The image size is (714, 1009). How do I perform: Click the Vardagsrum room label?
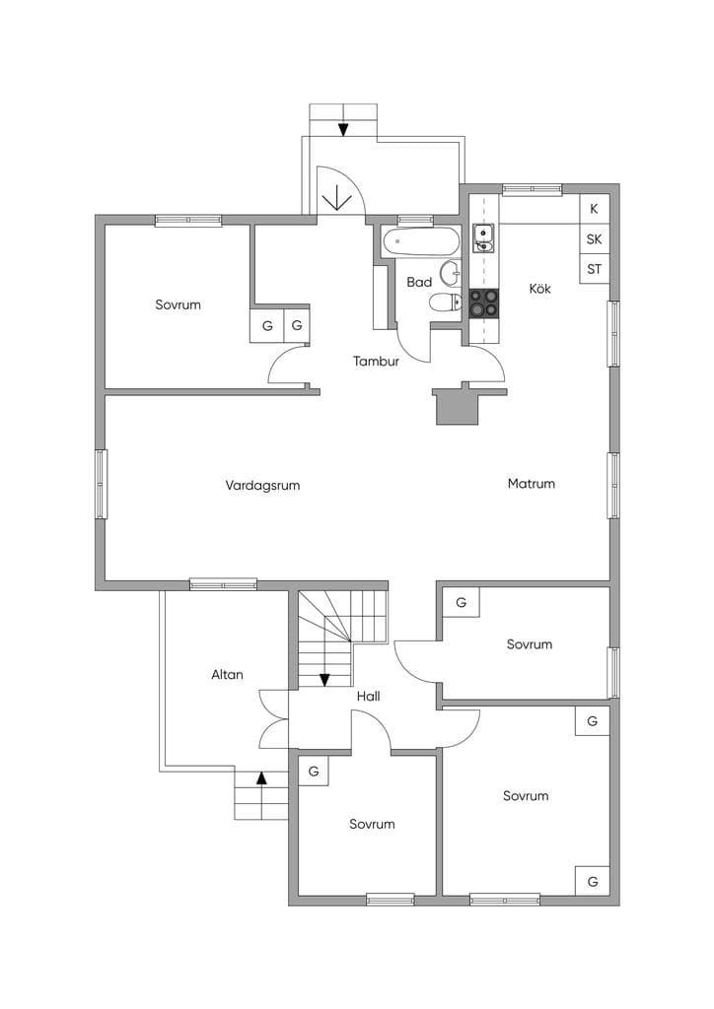pyautogui.click(x=262, y=485)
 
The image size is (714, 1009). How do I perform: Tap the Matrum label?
pyautogui.click(x=532, y=483)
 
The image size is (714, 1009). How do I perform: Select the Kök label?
pyautogui.click(x=540, y=289)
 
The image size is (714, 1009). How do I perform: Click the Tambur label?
pyautogui.click(x=376, y=361)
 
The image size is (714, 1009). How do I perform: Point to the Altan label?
pyautogui.click(x=227, y=674)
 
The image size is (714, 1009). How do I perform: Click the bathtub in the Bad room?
pyautogui.click(x=421, y=242)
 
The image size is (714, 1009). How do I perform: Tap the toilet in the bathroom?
pyautogui.click(x=445, y=302)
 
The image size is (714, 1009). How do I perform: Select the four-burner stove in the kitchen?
pyautogui.click(x=483, y=303)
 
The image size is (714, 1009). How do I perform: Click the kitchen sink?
pyautogui.click(x=483, y=238)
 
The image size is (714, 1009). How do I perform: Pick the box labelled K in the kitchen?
pyautogui.click(x=595, y=209)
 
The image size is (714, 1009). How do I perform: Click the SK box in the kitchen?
pyautogui.click(x=595, y=239)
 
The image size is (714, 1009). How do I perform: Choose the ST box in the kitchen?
pyautogui.click(x=595, y=269)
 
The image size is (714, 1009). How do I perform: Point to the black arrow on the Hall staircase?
pyautogui.click(x=325, y=680)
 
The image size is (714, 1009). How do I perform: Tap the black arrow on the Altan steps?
pyautogui.click(x=260, y=777)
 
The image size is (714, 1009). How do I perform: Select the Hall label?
pyautogui.click(x=368, y=696)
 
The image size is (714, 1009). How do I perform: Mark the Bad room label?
pyautogui.click(x=419, y=282)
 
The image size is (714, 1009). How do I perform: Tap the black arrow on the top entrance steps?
pyautogui.click(x=343, y=129)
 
